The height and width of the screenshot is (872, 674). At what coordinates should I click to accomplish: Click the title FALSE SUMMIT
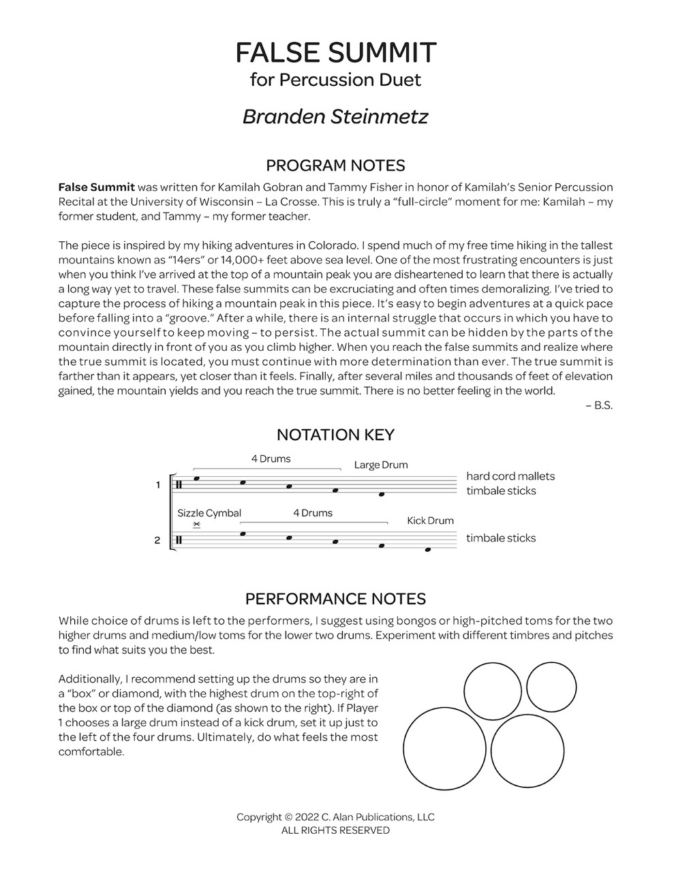[336, 52]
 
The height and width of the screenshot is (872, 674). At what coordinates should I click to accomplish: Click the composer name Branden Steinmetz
[336, 116]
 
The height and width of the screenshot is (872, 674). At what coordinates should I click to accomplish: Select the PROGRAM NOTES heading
[336, 166]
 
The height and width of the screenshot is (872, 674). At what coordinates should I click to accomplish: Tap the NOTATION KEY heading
[336, 435]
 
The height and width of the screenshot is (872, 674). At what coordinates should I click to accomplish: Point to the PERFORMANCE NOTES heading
[336, 599]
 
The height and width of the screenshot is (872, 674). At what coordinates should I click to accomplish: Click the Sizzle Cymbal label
[209, 513]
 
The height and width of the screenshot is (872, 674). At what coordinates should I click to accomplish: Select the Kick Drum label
[430, 520]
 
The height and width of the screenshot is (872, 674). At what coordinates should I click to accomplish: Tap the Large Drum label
[381, 465]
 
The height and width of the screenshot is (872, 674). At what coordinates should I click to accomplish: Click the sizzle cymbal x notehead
[196, 524]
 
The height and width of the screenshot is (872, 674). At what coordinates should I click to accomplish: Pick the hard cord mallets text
[510, 476]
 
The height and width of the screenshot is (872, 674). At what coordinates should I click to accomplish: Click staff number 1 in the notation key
[157, 485]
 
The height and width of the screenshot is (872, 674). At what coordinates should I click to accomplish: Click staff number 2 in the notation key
[157, 541]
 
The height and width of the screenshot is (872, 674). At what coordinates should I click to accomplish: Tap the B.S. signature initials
[602, 405]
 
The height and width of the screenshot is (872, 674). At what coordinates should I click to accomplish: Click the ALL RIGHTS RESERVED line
[336, 830]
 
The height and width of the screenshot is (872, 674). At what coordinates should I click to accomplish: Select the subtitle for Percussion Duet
[336, 80]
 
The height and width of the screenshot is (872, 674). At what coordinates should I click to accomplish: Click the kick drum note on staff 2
[427, 550]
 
